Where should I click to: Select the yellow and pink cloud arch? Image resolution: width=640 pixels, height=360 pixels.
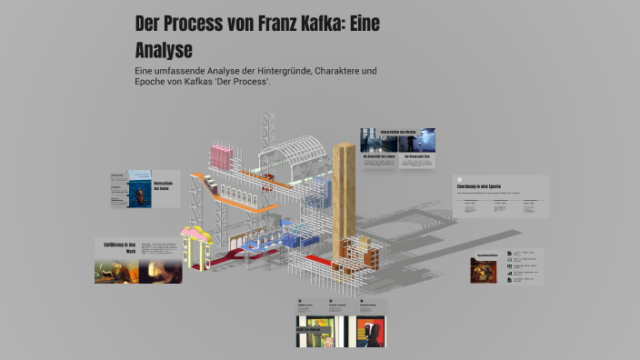(195, 238)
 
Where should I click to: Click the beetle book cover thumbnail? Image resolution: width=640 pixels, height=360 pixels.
(138, 187)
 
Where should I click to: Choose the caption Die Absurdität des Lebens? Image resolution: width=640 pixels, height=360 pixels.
(377, 155)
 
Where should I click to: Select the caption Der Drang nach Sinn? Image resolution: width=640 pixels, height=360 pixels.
(416, 155)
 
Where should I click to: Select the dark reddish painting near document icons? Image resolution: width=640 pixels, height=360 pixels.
(484, 270)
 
